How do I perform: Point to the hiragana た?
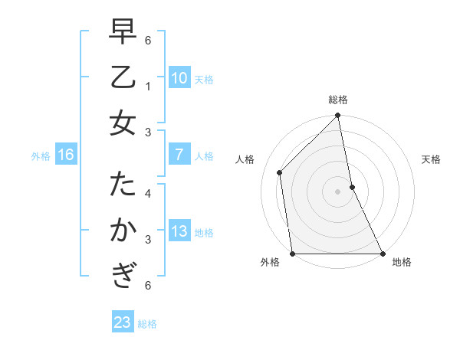(x=123, y=185)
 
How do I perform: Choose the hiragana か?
(x=123, y=230)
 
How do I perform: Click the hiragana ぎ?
(x=123, y=273)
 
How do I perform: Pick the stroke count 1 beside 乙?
(x=148, y=87)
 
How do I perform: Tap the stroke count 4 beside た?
(x=148, y=194)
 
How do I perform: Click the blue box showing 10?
(x=179, y=78)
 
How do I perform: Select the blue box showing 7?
(x=179, y=155)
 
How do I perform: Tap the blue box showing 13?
(x=179, y=232)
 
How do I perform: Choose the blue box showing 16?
(x=65, y=155)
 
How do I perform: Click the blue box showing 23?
(x=122, y=322)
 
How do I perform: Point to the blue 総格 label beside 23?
(x=147, y=324)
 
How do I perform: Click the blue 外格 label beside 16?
(x=41, y=156)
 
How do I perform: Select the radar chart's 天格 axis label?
(x=432, y=159)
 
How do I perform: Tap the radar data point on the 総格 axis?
(x=338, y=116)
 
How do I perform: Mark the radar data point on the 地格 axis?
(x=382, y=253)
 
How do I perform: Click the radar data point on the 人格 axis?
(x=280, y=172)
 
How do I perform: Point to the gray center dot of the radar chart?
(x=338, y=191)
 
